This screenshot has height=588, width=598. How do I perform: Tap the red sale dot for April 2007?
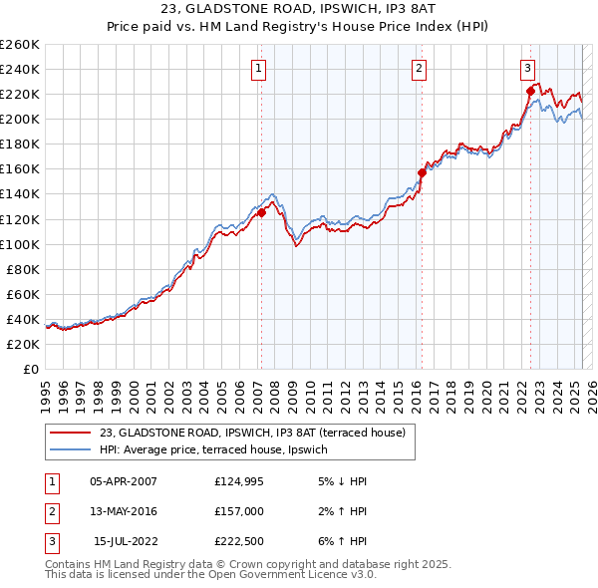(261, 212)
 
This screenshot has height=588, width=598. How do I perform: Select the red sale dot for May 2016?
(422, 172)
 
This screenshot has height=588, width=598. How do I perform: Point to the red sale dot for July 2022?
(530, 91)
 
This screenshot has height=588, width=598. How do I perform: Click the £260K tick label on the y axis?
(20, 45)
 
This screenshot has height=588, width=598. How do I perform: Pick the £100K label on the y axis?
(20, 244)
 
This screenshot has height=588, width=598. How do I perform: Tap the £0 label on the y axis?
(31, 369)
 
